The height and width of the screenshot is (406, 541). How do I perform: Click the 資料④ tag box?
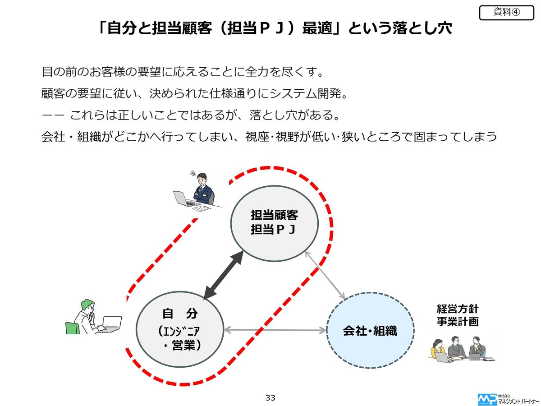point(506,13)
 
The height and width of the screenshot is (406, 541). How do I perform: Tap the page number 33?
point(270,398)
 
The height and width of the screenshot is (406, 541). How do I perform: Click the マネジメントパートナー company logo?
point(508,399)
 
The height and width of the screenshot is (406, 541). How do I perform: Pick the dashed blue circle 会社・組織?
point(370,331)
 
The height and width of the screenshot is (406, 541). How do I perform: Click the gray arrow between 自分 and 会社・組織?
point(275,330)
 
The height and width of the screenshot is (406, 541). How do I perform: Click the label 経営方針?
point(457,309)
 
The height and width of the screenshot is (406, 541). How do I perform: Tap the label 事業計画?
point(457,322)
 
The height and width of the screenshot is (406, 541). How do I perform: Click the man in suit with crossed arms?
point(202,189)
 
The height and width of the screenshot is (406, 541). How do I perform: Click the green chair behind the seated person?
point(72,328)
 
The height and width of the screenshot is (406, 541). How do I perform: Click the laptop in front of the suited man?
point(183,198)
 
